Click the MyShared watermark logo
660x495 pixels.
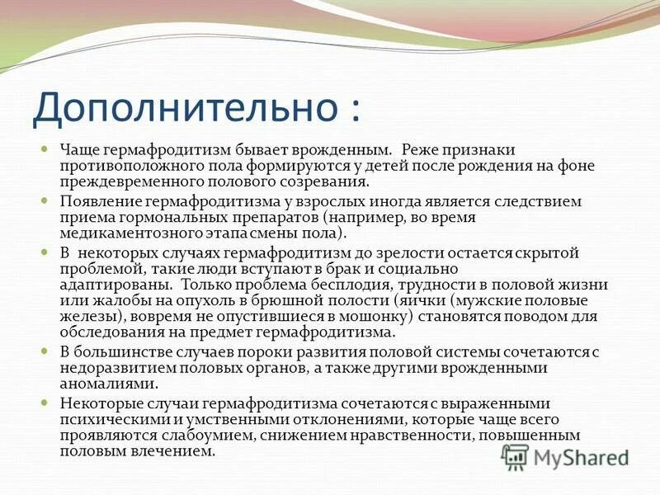(566, 457)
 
